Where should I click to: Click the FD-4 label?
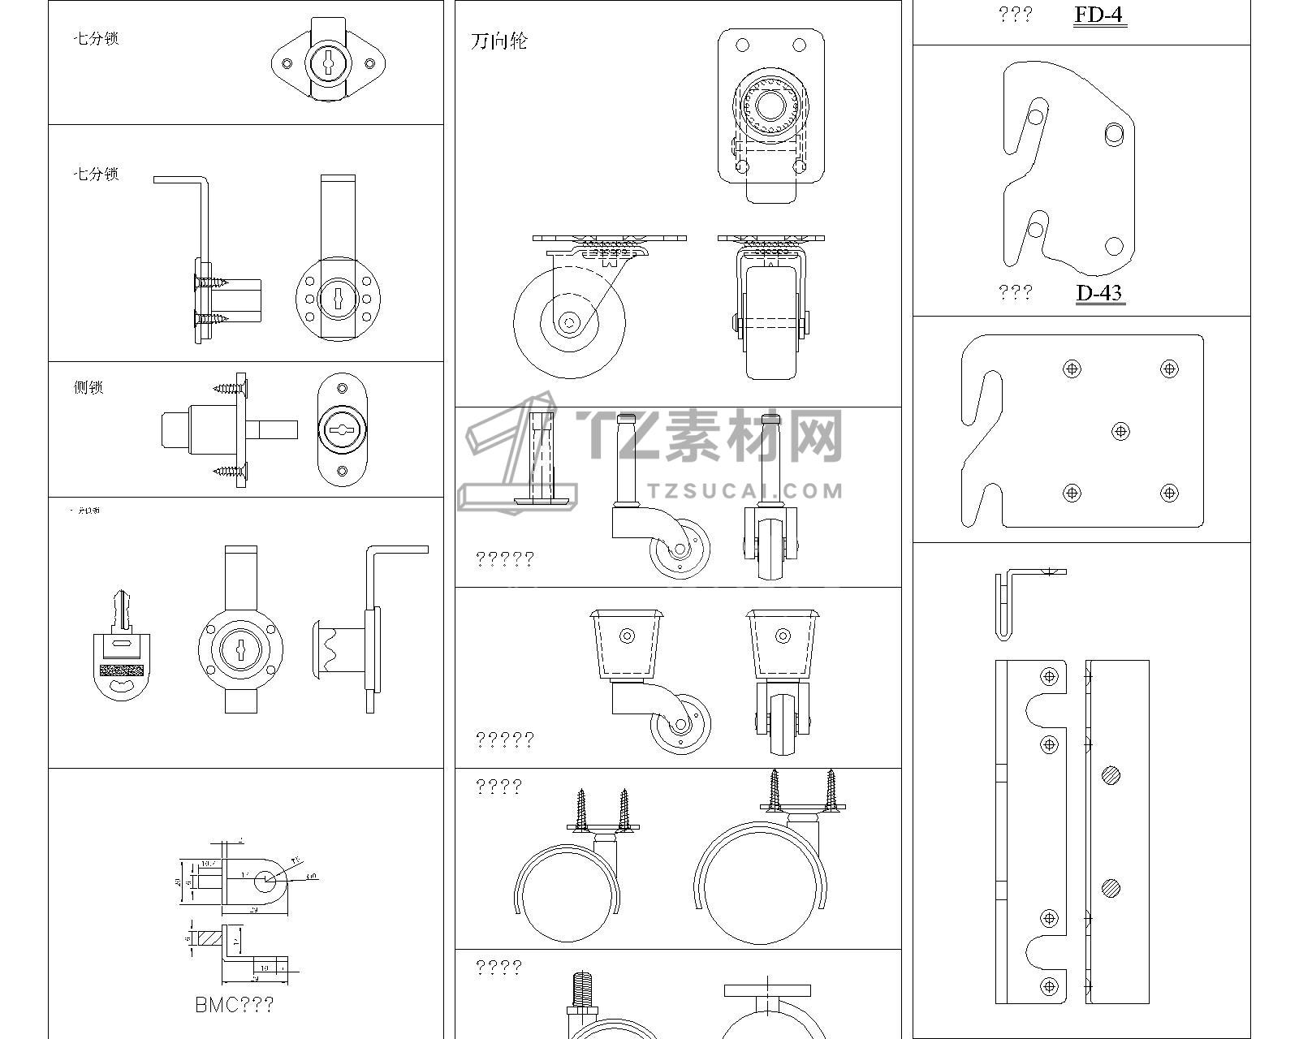click(x=1099, y=15)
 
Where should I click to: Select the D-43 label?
click(x=1099, y=292)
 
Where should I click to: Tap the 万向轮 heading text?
click(x=498, y=41)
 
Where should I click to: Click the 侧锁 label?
click(x=88, y=387)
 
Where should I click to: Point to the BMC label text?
click(x=234, y=1004)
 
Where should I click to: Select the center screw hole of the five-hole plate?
click(x=1120, y=431)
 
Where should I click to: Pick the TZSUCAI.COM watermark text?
click(x=746, y=490)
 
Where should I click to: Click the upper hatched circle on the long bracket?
click(x=1111, y=776)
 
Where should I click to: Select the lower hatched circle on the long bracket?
click(x=1111, y=887)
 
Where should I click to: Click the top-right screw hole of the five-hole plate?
click(x=1169, y=369)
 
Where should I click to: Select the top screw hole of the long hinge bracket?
click(x=1049, y=675)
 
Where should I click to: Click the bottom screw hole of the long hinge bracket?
click(x=1049, y=985)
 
